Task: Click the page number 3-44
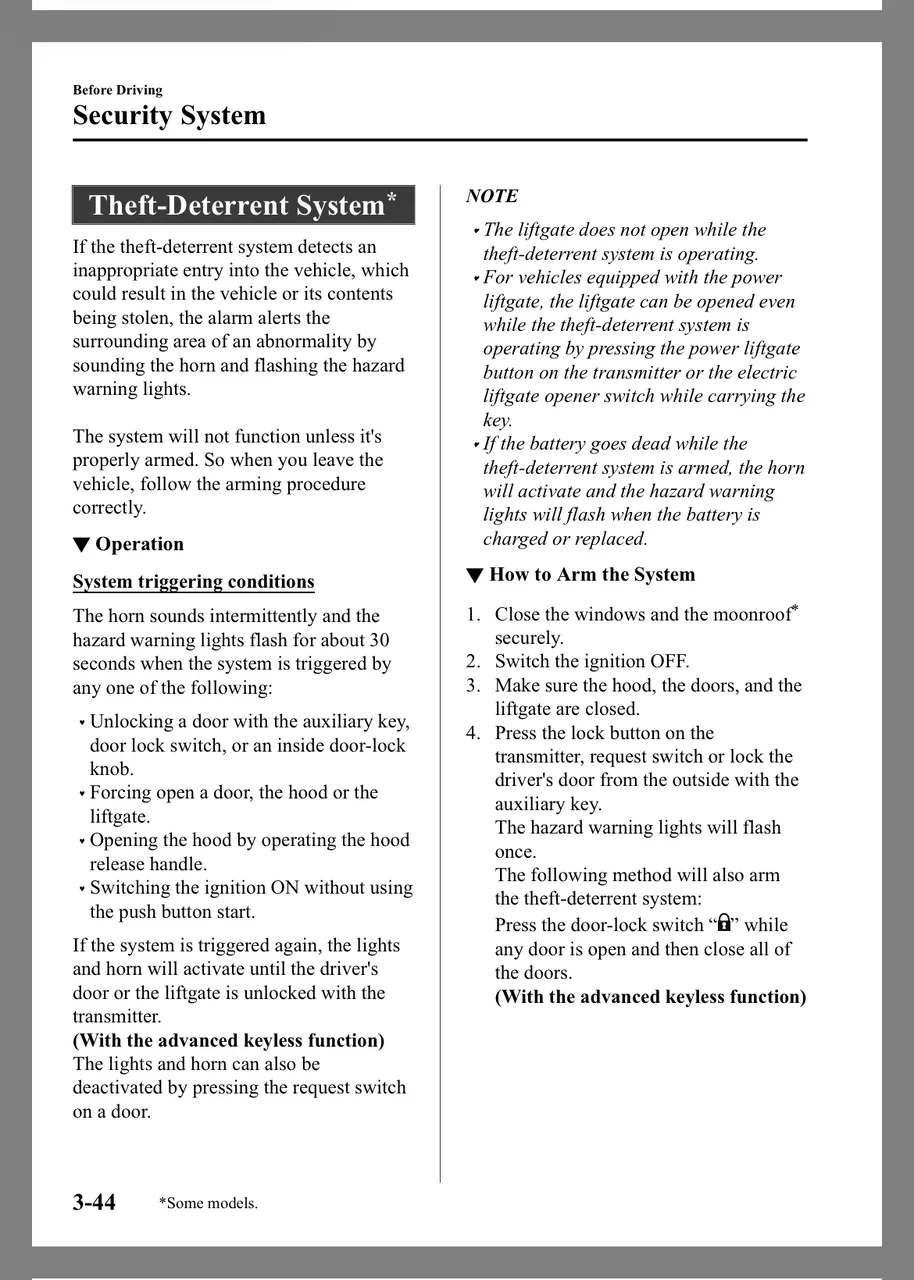94,1202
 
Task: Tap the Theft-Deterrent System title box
243,205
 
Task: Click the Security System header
169,116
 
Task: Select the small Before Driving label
117,90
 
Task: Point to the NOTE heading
492,196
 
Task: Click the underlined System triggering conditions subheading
193,582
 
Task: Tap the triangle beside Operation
81,545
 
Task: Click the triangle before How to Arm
475,575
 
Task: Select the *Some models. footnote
208,1203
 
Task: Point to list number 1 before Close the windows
473,615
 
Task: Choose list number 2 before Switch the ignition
473,662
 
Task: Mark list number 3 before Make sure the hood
473,686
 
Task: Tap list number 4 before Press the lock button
473,733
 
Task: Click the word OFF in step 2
668,662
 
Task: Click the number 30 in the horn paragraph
379,640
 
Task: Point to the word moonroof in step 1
751,615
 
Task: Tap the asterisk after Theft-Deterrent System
392,196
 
